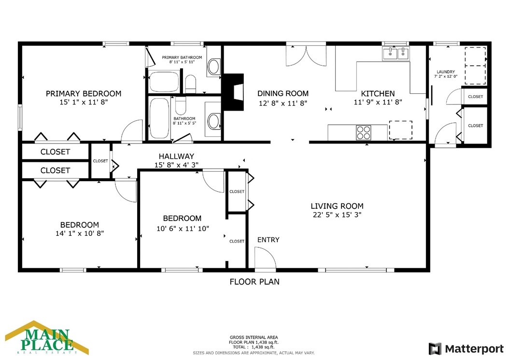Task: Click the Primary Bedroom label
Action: pos(84,94)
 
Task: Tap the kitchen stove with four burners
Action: pos(364,132)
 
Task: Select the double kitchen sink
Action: pos(396,54)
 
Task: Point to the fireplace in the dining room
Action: pos(234,92)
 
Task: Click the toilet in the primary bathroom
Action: pos(191,84)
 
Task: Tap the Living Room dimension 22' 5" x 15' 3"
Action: pos(337,215)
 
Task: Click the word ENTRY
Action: pos(268,240)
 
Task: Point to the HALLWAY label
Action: pos(176,156)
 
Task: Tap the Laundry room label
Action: pos(446,72)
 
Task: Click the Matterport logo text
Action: pos(474,349)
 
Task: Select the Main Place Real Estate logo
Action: pos(47,338)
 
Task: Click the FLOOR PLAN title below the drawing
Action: pos(254,282)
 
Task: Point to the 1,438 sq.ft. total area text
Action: pos(263,347)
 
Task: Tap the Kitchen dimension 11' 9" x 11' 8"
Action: pos(378,102)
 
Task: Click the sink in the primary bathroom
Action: pos(213,67)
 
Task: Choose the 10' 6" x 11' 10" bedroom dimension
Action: pos(183,229)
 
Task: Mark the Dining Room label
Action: pos(283,94)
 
